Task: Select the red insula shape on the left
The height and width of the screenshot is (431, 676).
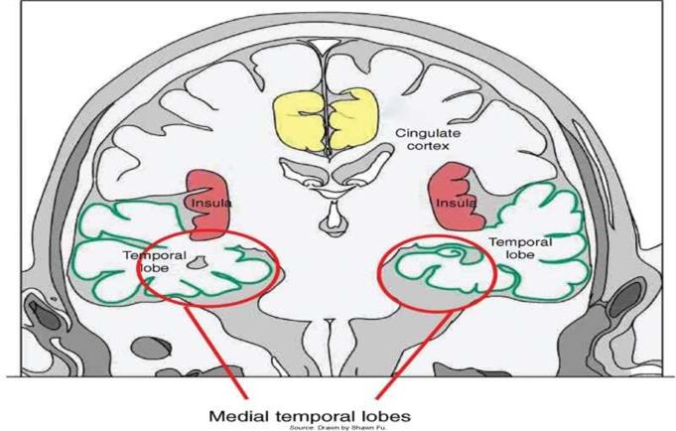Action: point(206,198)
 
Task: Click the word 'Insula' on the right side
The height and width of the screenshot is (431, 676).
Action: point(453,203)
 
